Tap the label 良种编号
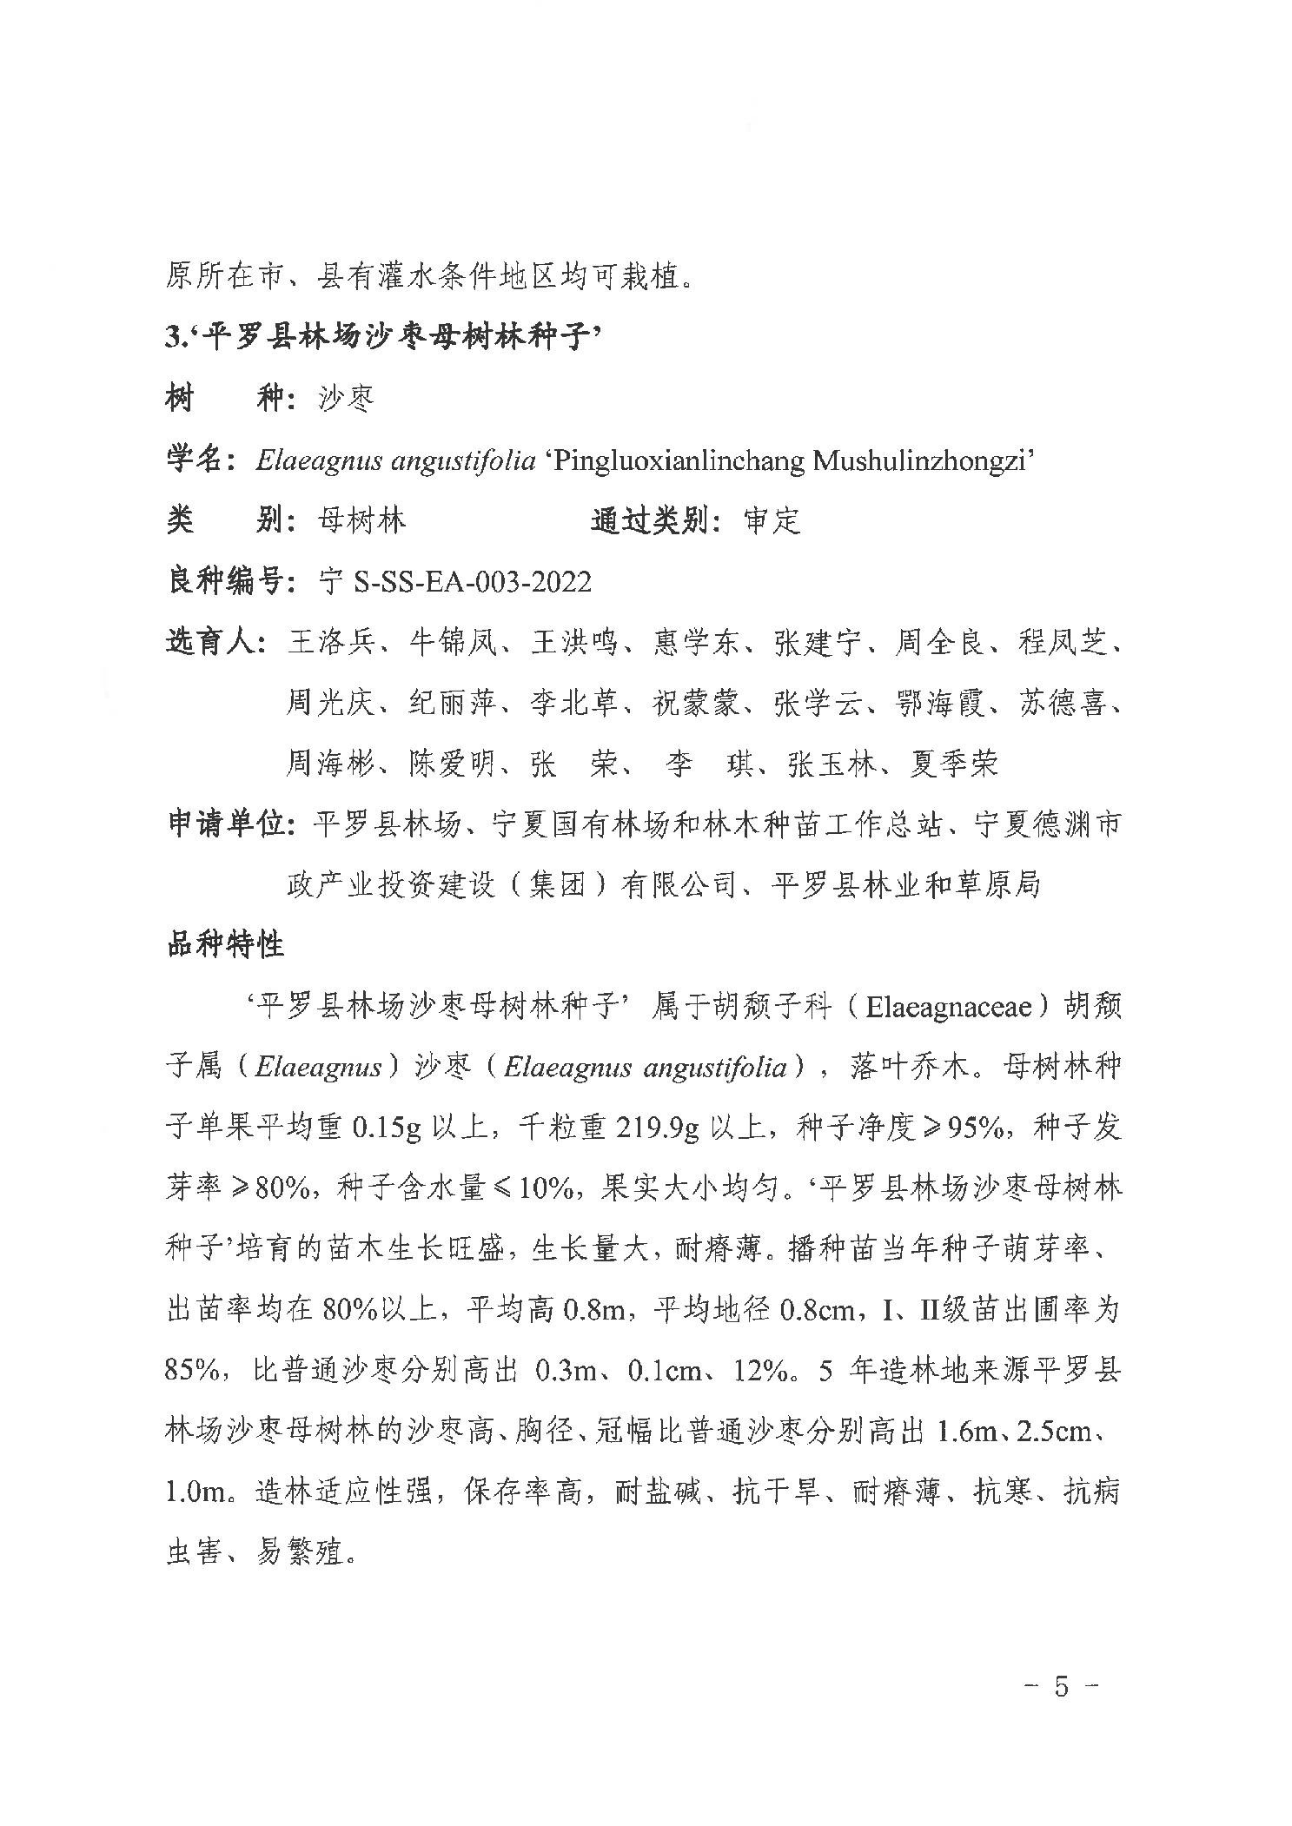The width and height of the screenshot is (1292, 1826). point(228,581)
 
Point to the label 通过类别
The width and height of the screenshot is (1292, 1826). point(653,520)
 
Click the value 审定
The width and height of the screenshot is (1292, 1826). point(772,520)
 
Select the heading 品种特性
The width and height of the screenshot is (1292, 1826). point(225,944)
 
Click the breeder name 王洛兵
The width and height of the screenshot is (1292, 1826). point(329,643)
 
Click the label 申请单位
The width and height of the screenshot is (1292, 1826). point(228,824)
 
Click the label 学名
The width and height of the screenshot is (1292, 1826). point(199,460)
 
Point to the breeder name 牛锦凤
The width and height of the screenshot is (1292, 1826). point(451,643)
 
